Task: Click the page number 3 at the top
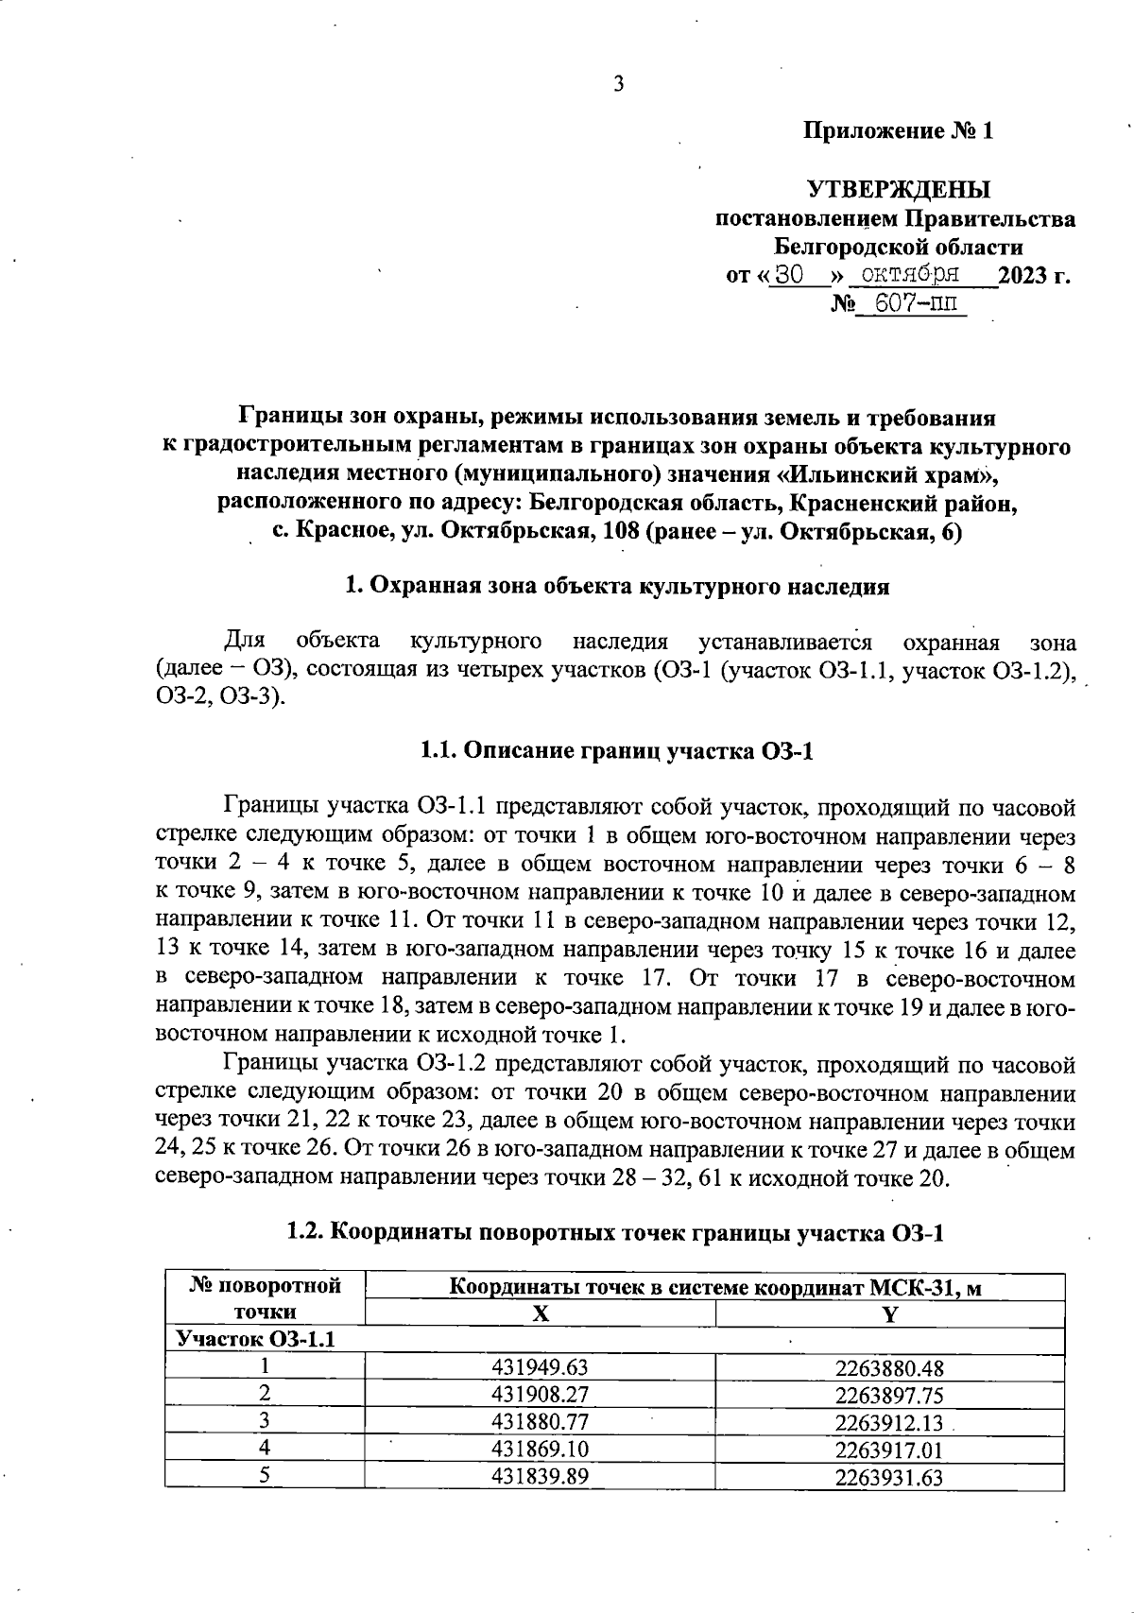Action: click(x=619, y=85)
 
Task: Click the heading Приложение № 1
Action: click(x=898, y=131)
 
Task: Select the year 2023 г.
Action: click(x=1034, y=277)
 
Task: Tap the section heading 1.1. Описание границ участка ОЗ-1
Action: click(x=615, y=752)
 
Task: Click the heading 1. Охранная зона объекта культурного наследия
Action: click(x=617, y=587)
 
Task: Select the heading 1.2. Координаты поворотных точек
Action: click(x=615, y=1232)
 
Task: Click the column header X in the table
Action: click(x=540, y=1313)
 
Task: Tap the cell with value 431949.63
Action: click(x=540, y=1367)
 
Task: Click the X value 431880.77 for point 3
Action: click(x=540, y=1422)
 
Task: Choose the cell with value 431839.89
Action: click(x=540, y=1477)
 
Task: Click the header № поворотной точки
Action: click(x=265, y=1298)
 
